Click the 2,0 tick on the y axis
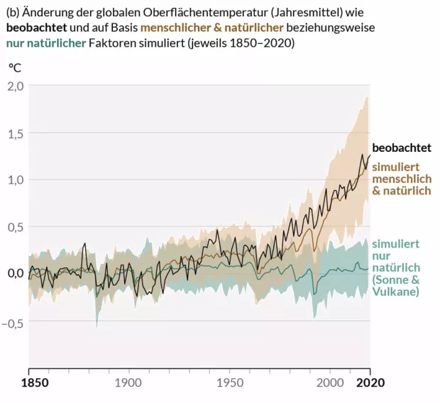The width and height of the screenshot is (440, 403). [15, 86]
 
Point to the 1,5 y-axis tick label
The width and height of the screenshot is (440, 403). [15, 133]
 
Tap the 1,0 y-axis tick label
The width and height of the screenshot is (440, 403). [15, 180]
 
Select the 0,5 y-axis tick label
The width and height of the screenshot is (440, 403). [15, 227]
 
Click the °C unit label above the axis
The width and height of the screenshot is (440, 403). [14, 68]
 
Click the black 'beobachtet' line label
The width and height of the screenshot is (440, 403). [402, 148]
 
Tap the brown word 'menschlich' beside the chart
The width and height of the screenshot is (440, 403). [402, 179]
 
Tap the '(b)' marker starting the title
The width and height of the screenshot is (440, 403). [13, 11]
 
